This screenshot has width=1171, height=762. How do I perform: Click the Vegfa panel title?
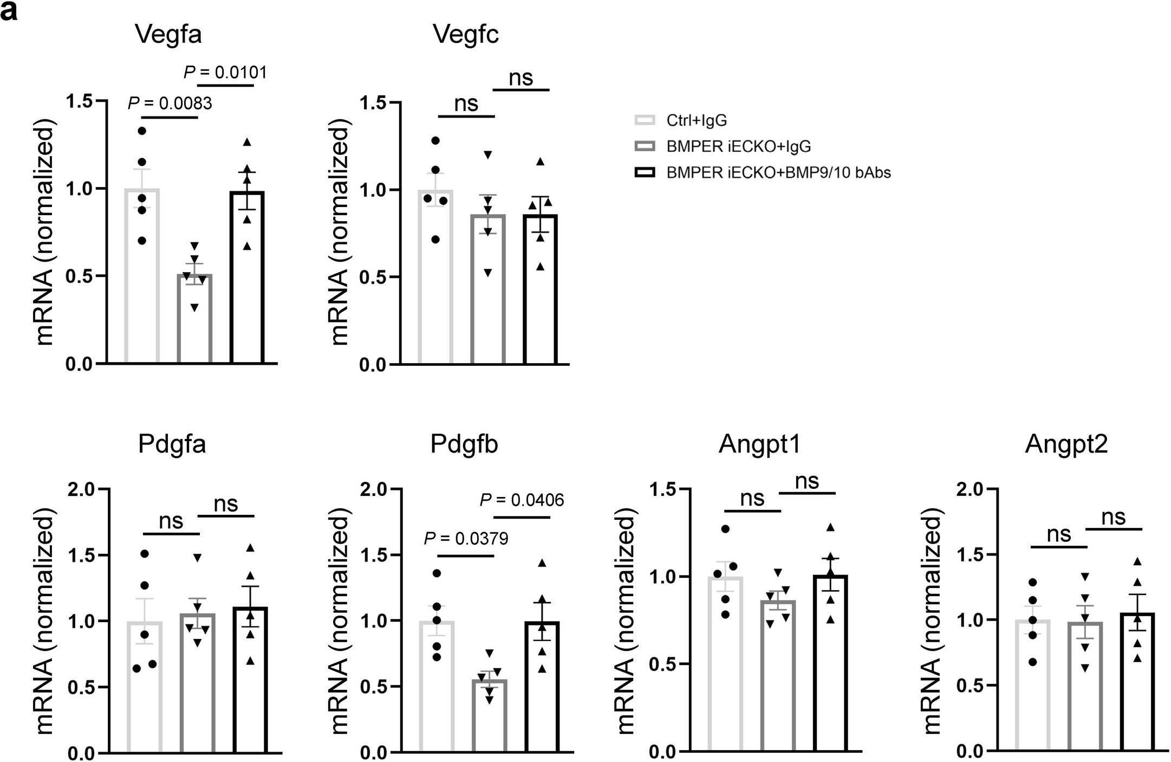tap(168, 35)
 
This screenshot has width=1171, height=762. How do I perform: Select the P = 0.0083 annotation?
tap(170, 103)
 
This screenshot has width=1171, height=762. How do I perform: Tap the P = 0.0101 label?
tap(225, 72)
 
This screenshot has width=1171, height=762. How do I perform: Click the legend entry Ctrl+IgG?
tap(697, 120)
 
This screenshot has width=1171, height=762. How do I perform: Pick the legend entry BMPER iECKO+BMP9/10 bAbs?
tap(778, 173)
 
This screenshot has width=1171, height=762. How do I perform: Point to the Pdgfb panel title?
tap(464, 444)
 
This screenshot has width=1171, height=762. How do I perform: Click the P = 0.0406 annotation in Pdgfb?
tap(522, 500)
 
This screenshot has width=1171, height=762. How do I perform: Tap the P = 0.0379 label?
tap(466, 538)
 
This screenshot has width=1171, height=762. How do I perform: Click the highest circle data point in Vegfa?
tap(142, 131)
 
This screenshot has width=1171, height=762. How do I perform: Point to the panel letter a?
tap(9, 11)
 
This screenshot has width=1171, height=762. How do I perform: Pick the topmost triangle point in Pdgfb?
tap(542, 563)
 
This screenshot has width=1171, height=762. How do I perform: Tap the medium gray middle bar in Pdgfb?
tap(490, 715)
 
